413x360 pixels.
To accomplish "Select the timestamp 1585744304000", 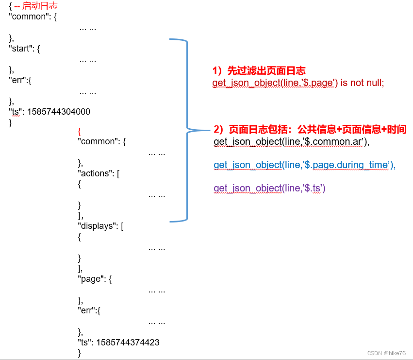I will tap(59, 112).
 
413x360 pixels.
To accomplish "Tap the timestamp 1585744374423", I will tap(128, 343).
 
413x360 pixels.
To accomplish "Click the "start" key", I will tap(21, 49).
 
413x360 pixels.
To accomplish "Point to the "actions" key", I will tap(95, 173).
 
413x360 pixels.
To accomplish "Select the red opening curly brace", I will tap(79, 131).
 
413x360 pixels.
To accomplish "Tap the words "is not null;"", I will tap(362, 83).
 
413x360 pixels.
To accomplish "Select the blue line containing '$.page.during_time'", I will tap(305, 165).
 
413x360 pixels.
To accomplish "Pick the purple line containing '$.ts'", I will tap(269, 188).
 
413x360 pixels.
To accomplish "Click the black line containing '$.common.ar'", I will tap(291, 142).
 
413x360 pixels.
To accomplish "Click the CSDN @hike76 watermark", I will tap(386, 353).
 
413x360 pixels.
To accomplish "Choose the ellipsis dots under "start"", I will tap(87, 60).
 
